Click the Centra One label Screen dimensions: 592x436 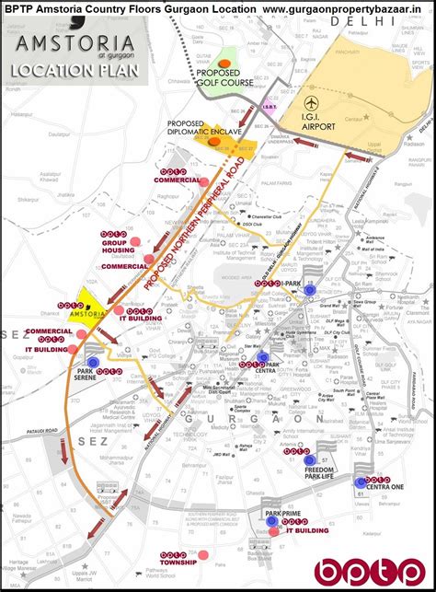coord(386,487)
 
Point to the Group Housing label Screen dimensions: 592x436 coord(117,245)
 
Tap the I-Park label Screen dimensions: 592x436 coord(291,282)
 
